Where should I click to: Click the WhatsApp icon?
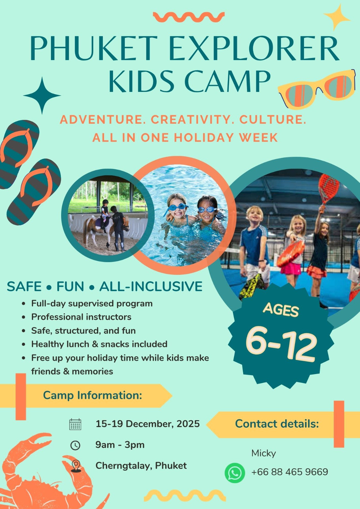235,473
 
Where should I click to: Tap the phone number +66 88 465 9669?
289,471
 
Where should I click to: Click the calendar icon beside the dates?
75,424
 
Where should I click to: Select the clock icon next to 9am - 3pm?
75,445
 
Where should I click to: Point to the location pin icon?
75,466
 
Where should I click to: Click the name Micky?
264,453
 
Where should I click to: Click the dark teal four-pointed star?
42,95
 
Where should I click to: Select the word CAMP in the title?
228,81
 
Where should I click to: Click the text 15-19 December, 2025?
148,424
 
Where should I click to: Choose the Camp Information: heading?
93,395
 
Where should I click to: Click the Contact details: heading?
277,424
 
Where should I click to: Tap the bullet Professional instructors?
81,317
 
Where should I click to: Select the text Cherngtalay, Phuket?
141,466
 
